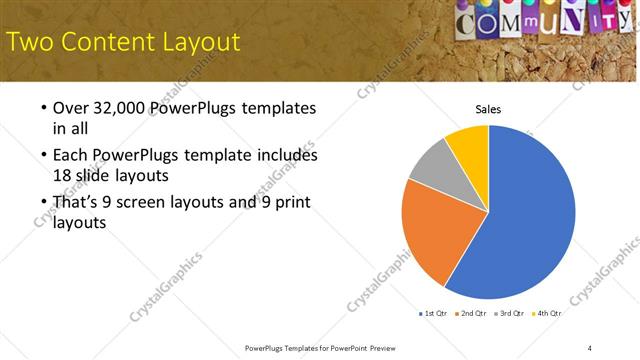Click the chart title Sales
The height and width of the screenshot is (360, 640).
488,109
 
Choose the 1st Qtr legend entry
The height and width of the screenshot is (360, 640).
433,313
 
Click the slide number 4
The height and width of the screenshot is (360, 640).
590,347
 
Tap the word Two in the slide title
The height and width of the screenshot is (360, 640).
30,42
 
